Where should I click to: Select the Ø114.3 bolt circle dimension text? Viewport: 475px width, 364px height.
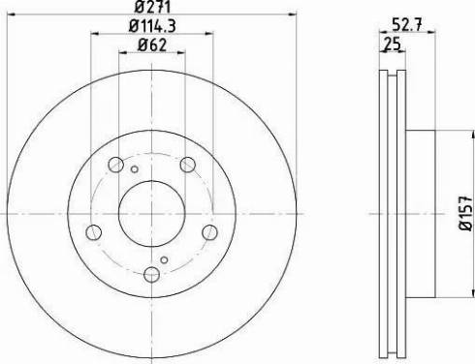tap(153, 30)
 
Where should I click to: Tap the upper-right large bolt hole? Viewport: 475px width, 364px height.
tap(187, 165)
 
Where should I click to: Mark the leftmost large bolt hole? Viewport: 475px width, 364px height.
tap(93, 232)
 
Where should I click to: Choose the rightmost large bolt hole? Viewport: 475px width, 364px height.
tap(209, 232)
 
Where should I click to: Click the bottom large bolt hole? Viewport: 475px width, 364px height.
tap(152, 274)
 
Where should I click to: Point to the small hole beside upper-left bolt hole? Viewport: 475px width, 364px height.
tap(134, 167)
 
